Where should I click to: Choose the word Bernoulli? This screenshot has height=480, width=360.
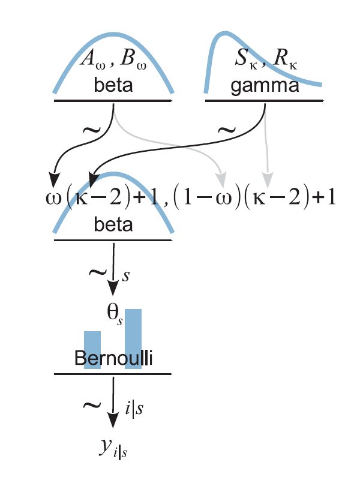(113, 359)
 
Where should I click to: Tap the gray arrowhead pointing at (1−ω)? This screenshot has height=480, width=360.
(222, 179)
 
